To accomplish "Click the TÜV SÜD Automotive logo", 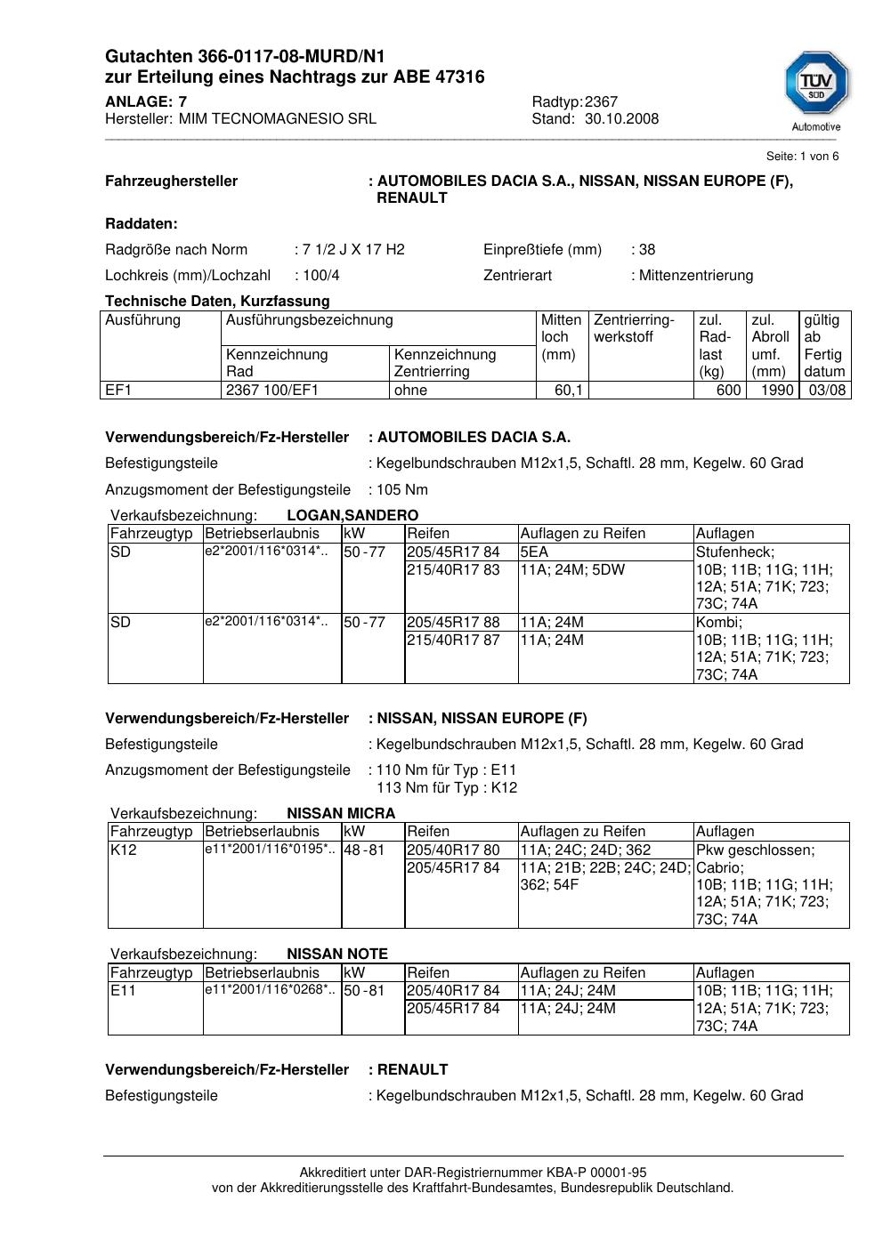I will click(816, 91).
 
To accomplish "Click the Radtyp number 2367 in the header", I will click(601, 101).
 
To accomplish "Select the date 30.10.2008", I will click(621, 119).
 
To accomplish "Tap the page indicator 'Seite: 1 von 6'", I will click(802, 157).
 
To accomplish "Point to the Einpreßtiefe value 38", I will click(647, 250).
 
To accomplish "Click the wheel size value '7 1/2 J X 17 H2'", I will click(353, 250).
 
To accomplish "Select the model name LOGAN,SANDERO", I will click(352, 516).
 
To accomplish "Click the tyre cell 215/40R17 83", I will click(453, 570).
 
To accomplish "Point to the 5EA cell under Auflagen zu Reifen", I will click(534, 552).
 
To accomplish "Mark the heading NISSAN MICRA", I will click(341, 814).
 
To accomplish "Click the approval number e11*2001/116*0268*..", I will click(271, 990).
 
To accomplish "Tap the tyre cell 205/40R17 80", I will click(453, 850).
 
